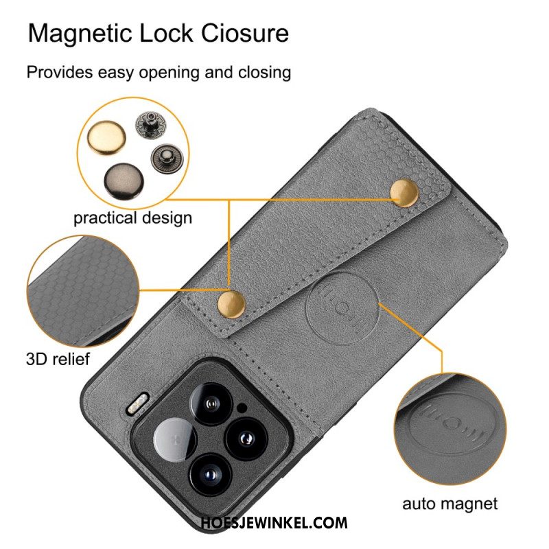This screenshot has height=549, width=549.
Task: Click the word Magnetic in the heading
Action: tap(80, 34)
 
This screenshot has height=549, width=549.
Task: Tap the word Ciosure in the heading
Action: tap(245, 34)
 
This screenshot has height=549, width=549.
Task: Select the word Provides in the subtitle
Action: tap(60, 72)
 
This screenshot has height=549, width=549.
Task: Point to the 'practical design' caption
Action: tap(132, 218)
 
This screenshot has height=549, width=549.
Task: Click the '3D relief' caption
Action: tap(58, 358)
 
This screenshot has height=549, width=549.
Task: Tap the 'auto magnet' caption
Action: tap(449, 504)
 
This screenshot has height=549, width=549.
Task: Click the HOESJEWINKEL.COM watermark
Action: tap(274, 523)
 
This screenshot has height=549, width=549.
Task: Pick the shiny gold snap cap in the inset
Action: tap(106, 137)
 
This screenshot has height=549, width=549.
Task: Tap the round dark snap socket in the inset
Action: tap(167, 159)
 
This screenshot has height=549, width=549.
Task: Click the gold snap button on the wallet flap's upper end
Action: tap(404, 193)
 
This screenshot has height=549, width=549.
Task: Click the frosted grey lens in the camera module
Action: tap(175, 439)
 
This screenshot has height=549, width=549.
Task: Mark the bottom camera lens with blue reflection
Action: tap(211, 475)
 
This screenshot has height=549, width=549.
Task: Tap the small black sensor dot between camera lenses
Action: tap(242, 408)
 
